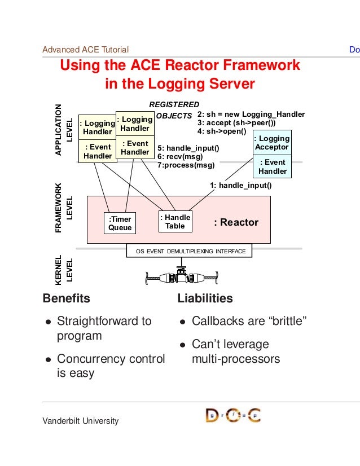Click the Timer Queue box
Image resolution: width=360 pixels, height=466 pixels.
coord(120,223)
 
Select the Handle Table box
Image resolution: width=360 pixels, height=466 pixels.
coord(175,221)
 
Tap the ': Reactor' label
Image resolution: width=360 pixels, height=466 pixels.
coord(236,222)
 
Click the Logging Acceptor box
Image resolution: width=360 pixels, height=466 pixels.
coord(273,143)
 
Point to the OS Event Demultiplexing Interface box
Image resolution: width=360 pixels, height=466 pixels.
coord(189,250)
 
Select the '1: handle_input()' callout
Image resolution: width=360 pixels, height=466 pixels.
coord(241,186)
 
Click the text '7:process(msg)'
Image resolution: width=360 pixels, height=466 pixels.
coord(186,165)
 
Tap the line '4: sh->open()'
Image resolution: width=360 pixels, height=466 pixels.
coord(222,131)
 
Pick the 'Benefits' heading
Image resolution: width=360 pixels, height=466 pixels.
coord(66,298)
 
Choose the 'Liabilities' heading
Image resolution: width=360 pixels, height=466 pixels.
coord(205,298)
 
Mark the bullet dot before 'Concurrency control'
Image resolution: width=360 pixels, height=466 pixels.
coord(49,360)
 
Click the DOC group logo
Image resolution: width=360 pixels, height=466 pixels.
coord(233,415)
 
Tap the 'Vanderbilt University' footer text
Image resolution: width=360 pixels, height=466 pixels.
coord(81,421)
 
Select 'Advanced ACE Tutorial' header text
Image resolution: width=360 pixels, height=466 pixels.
coord(86,50)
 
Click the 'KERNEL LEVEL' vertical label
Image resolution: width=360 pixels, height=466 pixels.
coord(64,270)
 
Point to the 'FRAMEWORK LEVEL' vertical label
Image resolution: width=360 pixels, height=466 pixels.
coord(64,208)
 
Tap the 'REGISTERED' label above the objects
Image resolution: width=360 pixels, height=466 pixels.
coord(174,104)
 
